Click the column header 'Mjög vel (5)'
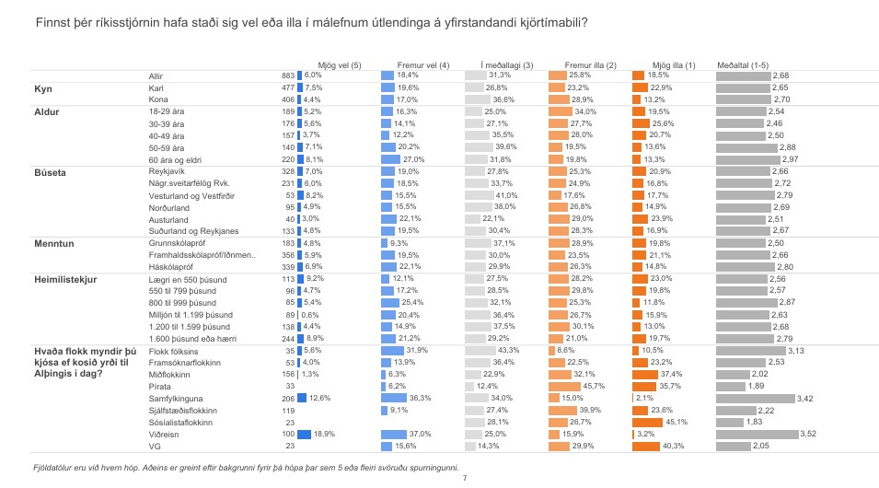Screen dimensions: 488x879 [x=339, y=65]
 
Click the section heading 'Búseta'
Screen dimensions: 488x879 [x=49, y=172]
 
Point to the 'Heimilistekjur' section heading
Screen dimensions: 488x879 [x=68, y=278]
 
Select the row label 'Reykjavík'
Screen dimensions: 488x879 [x=168, y=172]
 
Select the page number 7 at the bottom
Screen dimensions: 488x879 [x=465, y=479]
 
